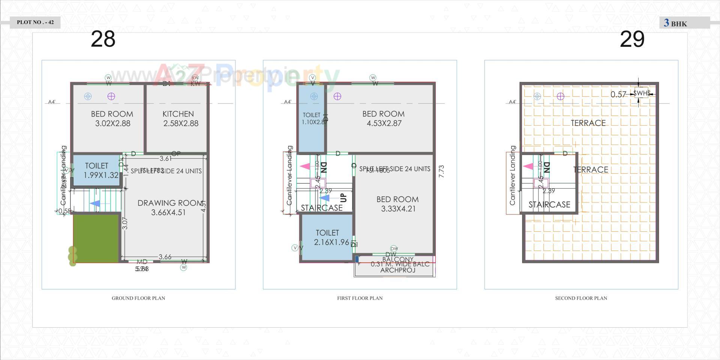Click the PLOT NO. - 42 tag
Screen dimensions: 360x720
[x=35, y=22]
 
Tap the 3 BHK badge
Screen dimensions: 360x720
[x=676, y=23]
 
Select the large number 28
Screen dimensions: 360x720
[x=103, y=39]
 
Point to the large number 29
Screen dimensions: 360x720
[x=632, y=39]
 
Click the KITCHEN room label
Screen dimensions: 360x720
[x=178, y=114]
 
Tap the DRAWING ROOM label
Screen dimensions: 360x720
[x=170, y=203]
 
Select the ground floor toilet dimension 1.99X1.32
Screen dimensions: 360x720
[x=101, y=175]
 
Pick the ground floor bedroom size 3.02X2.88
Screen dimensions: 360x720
[x=112, y=123]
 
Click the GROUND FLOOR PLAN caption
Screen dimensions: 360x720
[x=138, y=298]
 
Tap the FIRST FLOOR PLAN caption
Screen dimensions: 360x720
[x=360, y=298]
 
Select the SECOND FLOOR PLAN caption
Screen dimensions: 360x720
[x=581, y=298]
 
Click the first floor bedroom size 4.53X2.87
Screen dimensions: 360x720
[x=384, y=123]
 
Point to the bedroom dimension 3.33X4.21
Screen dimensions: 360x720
[x=398, y=209]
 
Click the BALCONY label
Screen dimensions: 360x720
[x=398, y=259]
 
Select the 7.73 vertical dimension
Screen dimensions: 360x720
[x=441, y=171]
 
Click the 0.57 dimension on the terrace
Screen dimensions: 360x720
[x=618, y=94]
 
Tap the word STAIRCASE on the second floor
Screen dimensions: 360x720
[x=549, y=205]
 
